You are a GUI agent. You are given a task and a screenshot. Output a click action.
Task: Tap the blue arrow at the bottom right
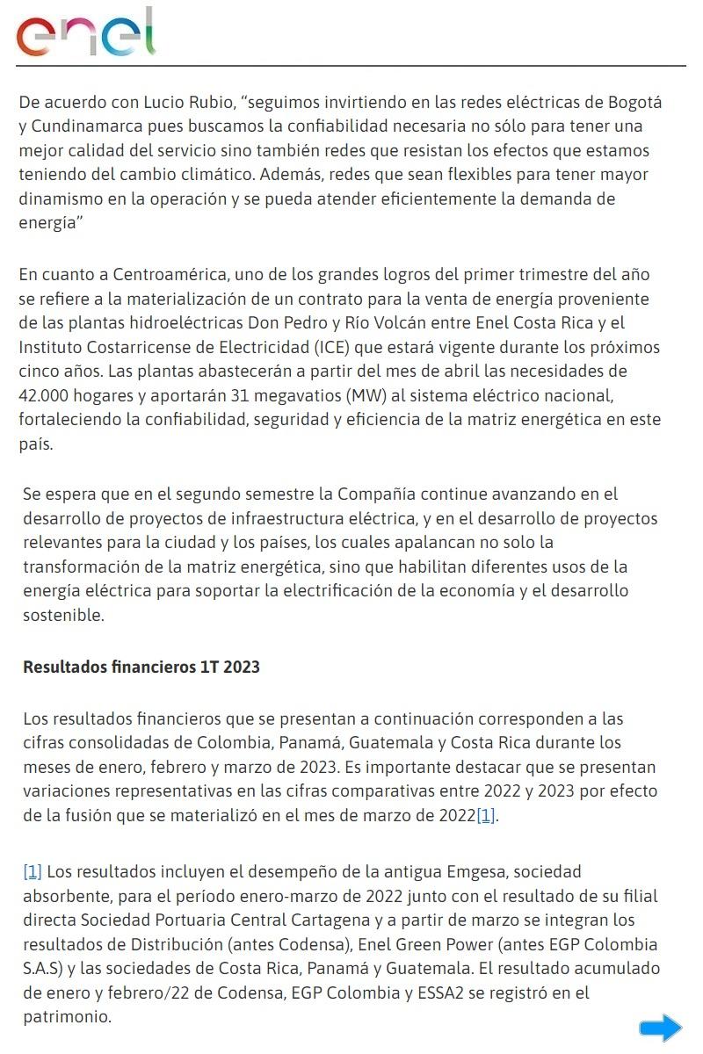[x=660, y=1028]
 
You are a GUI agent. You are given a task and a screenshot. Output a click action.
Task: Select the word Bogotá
[x=633, y=102]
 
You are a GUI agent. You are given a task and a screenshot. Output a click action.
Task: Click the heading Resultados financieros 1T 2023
[x=141, y=667]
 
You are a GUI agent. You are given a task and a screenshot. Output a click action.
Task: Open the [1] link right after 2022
[x=486, y=815]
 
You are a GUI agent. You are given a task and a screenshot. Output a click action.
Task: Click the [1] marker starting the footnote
[x=33, y=872]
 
